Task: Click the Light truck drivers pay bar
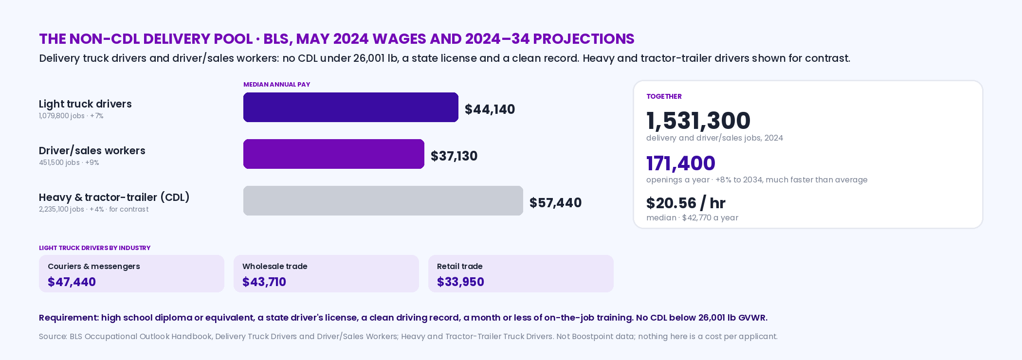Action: (x=351, y=107)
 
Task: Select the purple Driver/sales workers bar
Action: (x=334, y=154)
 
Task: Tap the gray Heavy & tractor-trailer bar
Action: (x=383, y=200)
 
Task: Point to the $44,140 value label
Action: (x=490, y=109)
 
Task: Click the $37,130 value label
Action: (x=454, y=156)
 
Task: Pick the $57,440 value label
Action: (x=555, y=202)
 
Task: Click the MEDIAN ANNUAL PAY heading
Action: (x=276, y=84)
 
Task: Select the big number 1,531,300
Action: (x=698, y=121)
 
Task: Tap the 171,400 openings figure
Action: (x=681, y=163)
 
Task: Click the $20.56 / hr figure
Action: (x=686, y=203)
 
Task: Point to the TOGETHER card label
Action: (x=664, y=96)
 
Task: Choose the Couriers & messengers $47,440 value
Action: (x=72, y=282)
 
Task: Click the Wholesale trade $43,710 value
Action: (x=264, y=282)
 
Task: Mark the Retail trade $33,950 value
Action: (x=460, y=282)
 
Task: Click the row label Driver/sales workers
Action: (x=92, y=151)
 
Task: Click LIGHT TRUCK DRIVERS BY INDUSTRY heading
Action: (x=94, y=248)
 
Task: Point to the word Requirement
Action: (x=69, y=318)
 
